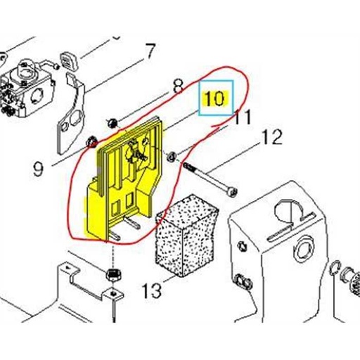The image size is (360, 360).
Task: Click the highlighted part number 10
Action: (x=215, y=98)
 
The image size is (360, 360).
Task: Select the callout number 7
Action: (x=150, y=51)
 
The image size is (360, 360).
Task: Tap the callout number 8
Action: (x=178, y=88)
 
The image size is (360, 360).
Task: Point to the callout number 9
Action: (x=38, y=168)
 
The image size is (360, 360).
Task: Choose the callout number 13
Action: (x=151, y=288)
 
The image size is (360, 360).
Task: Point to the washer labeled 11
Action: (x=174, y=156)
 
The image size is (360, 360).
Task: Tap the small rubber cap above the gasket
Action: (x=68, y=58)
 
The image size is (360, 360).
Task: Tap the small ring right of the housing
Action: (x=336, y=267)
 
